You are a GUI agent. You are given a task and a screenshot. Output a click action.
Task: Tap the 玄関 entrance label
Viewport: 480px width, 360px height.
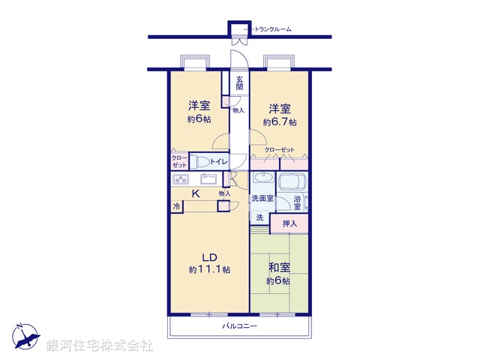239,82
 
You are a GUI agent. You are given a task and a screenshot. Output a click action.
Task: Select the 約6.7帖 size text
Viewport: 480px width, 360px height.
279,121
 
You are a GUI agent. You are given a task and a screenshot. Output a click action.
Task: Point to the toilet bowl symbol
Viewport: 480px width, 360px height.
199,160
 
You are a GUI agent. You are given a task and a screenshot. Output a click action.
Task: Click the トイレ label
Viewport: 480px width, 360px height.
218,160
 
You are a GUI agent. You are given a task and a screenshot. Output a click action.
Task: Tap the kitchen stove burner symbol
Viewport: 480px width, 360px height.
181,179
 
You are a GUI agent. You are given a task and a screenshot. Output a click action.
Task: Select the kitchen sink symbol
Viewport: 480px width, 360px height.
208,179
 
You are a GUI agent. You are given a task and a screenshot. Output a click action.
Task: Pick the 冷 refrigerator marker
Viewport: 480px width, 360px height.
176,206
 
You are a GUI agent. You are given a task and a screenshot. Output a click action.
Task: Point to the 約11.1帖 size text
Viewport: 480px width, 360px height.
209,269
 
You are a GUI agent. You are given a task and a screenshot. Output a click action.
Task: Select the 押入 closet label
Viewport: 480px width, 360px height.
290,223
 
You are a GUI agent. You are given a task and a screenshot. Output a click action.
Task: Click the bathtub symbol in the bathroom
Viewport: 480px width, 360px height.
293,181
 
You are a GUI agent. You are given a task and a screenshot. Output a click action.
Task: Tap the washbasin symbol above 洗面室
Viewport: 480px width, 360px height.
262,179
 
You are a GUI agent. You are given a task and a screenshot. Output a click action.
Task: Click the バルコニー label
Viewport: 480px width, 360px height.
239,327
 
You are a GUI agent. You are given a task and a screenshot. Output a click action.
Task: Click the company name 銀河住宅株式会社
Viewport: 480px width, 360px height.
100,346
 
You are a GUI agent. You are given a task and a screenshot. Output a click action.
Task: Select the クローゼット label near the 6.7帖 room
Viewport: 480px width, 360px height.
280,150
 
